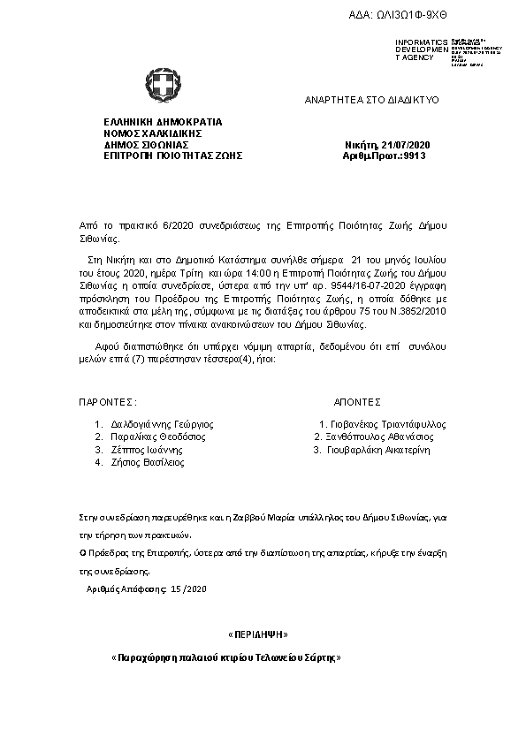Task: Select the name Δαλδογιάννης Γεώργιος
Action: [x=162, y=424]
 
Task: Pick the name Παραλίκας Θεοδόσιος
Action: [x=158, y=437]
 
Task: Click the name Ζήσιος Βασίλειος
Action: [x=147, y=461]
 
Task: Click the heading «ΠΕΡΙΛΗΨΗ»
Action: [x=258, y=634]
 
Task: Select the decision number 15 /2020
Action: [x=188, y=588]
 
